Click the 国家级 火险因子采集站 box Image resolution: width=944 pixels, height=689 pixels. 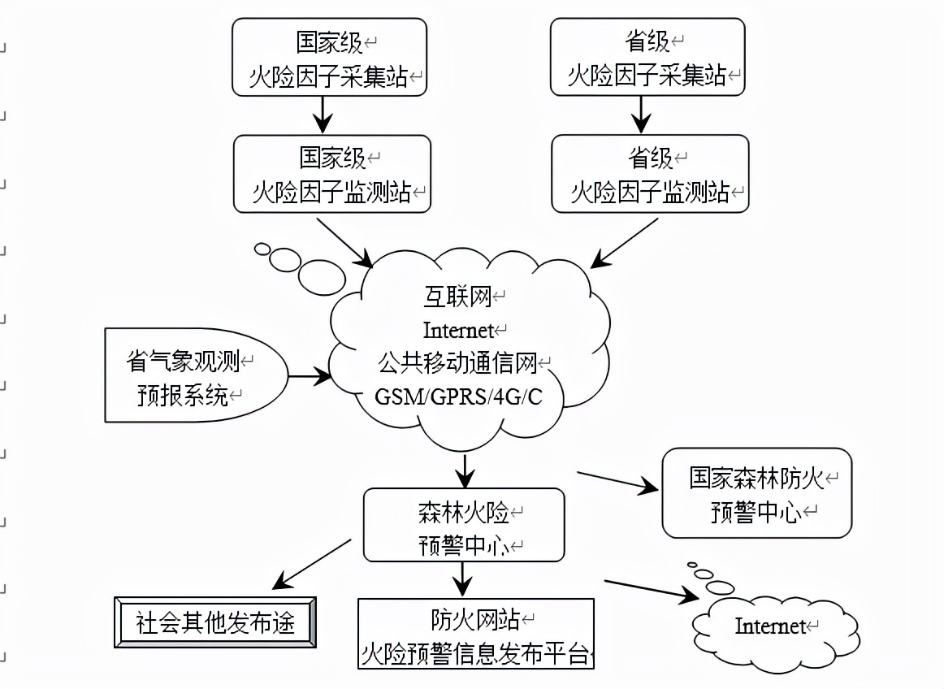[329, 58]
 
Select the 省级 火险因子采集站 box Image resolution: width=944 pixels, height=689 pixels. [647, 58]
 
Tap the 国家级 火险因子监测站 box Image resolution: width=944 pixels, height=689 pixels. [332, 174]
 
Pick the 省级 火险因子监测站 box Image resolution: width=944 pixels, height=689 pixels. [650, 174]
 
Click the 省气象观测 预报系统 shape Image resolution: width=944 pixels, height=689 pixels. [195, 375]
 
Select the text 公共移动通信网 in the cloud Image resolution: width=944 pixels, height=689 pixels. [457, 364]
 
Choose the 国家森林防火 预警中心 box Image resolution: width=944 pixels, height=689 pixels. [756, 493]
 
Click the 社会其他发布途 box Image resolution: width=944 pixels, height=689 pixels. [215, 623]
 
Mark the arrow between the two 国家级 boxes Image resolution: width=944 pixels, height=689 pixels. [323, 114]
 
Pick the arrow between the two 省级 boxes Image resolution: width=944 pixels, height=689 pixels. [641, 114]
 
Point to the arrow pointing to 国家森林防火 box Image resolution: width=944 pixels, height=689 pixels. [617, 480]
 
